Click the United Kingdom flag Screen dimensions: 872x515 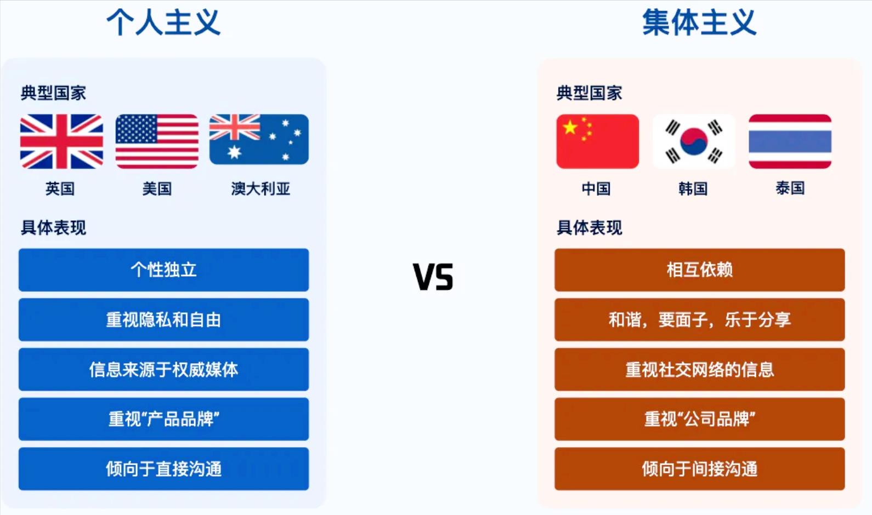point(61,141)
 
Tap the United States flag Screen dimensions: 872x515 point(157,141)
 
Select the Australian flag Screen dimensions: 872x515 point(259,139)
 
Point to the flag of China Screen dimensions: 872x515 point(598,141)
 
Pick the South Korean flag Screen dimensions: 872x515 point(694,141)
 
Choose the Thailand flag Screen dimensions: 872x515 point(790,141)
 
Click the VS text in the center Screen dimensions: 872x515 point(433,277)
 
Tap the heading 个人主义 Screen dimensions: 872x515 point(163,22)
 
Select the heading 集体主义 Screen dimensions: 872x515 point(699,22)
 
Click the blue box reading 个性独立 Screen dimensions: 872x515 point(163,270)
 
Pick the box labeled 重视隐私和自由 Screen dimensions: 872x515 point(163,320)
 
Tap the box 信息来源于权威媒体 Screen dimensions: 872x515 point(163,369)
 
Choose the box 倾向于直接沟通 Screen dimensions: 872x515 point(163,469)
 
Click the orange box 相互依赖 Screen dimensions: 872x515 point(700,270)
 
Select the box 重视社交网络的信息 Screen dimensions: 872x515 point(700,369)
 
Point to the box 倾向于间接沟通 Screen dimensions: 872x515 point(700,469)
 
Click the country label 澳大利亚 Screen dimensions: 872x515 point(261,188)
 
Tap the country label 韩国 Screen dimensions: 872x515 point(693,188)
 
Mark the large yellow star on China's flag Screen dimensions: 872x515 point(570,127)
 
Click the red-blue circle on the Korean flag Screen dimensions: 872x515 point(694,141)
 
